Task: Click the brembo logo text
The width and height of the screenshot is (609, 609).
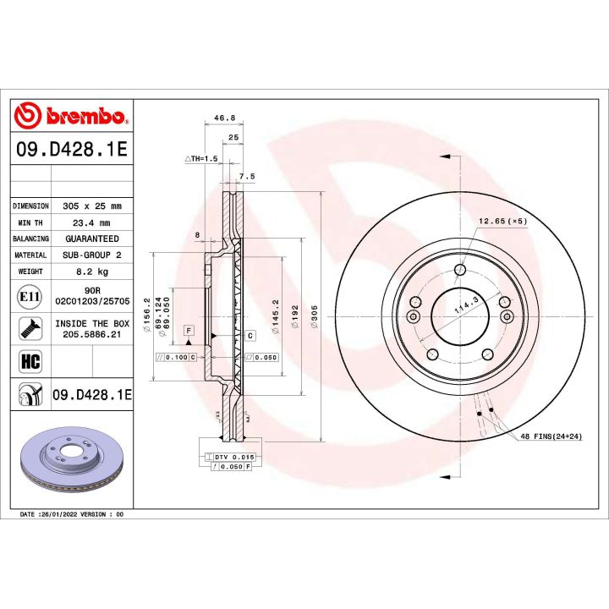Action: (x=81, y=115)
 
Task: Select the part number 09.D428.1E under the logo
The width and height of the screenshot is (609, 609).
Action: (x=71, y=150)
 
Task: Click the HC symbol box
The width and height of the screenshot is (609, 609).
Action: (x=29, y=362)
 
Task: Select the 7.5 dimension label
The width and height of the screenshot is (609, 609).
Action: (x=247, y=176)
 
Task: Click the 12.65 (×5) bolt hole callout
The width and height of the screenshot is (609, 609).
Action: (x=502, y=221)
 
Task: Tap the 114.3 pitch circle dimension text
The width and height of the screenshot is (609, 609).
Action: (x=462, y=305)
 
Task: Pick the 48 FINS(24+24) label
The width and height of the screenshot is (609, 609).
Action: (x=551, y=436)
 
